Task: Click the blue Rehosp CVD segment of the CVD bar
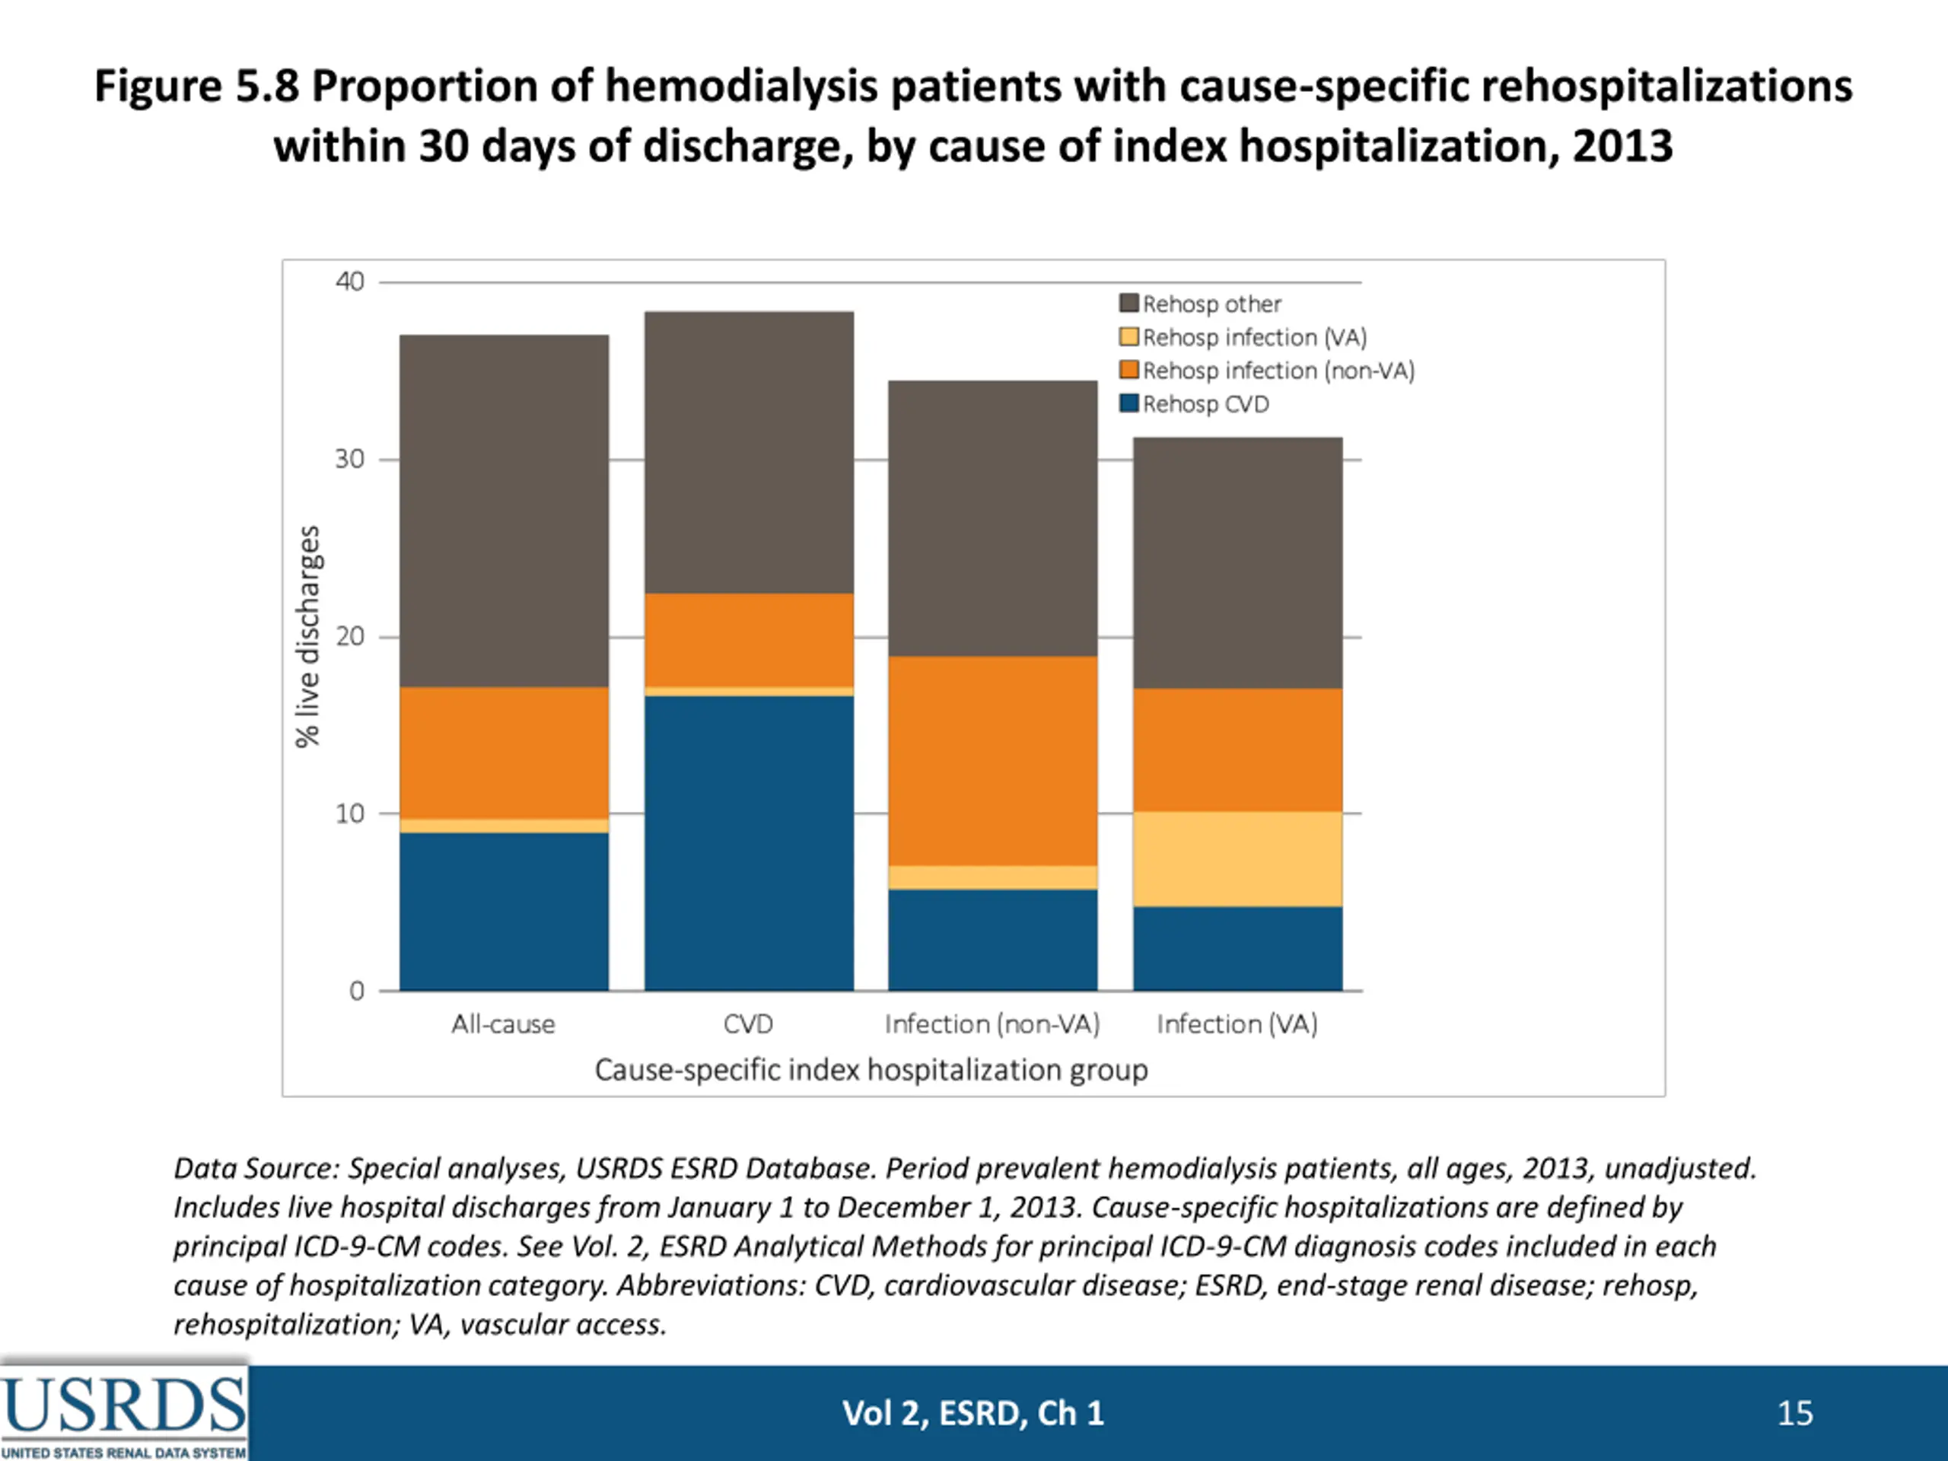749,843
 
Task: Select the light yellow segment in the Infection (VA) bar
1237,858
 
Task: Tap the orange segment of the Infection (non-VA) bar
992,761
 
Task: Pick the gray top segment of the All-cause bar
504,511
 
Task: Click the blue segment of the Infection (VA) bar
1237,948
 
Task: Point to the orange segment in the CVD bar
749,639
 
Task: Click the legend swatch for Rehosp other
1129,304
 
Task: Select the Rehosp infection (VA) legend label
1254,337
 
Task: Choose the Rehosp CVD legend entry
1205,404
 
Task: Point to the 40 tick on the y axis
349,282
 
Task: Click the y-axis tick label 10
349,813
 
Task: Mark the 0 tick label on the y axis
357,991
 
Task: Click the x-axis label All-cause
504,1024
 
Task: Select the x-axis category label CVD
749,1024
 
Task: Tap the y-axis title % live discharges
307,636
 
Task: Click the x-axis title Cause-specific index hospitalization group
871,1070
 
